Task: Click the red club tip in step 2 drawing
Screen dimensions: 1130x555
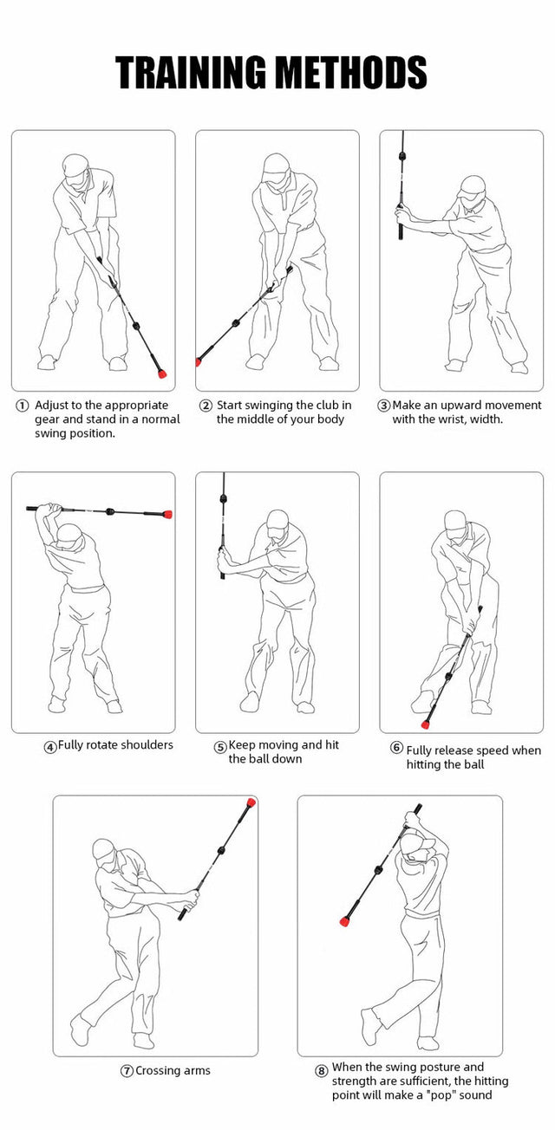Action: click(x=199, y=361)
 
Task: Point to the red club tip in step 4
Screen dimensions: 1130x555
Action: click(x=167, y=514)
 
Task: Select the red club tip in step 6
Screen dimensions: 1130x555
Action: click(x=426, y=724)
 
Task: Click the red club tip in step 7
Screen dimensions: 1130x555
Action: click(x=251, y=802)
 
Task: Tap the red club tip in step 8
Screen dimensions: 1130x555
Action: click(x=343, y=924)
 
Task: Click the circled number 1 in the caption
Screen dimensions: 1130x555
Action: click(x=22, y=406)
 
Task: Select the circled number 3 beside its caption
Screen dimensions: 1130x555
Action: click(x=383, y=406)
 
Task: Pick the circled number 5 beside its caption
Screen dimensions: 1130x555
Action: click(x=220, y=746)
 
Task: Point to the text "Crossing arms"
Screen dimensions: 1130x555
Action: click(x=173, y=1070)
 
